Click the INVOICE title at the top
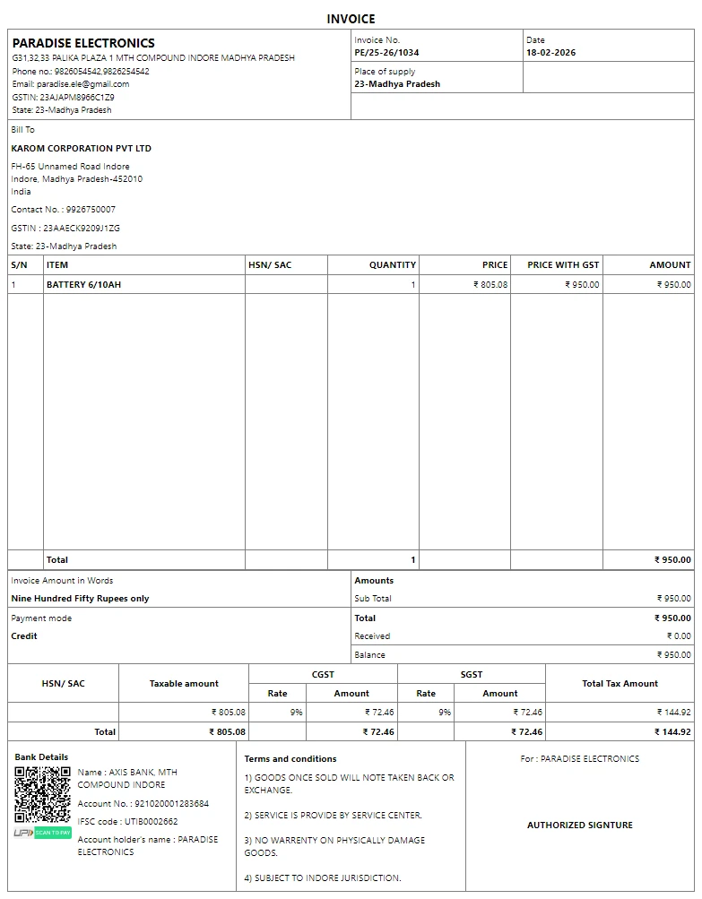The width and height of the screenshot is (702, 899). (351, 19)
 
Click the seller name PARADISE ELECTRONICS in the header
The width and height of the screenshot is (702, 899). (83, 43)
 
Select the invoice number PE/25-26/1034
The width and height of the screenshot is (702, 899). (386, 53)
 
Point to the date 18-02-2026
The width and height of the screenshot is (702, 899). (550, 53)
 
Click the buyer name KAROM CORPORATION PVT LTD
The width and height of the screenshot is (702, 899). (81, 149)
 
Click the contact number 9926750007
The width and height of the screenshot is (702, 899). (91, 210)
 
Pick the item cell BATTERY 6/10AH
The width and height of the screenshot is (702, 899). (83, 285)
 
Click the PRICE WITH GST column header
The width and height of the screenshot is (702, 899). (563, 265)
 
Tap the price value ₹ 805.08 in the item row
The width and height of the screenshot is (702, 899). (490, 285)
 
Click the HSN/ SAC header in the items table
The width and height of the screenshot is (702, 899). (270, 265)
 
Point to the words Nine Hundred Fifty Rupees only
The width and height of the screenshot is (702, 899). (80, 599)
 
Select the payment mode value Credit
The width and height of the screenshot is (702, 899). (24, 636)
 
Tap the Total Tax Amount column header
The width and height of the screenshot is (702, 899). (620, 684)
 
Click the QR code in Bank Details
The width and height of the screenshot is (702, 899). (42, 794)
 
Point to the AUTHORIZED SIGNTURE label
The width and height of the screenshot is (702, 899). (579, 826)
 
